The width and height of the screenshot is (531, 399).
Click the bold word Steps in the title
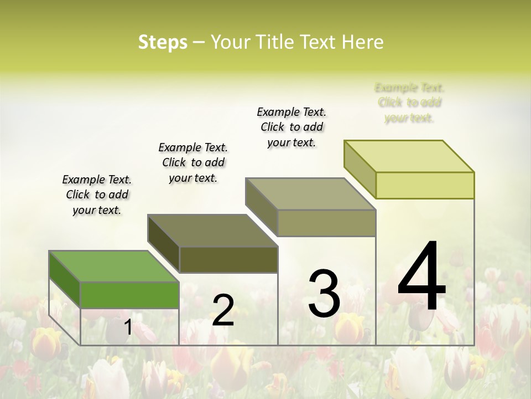[x=163, y=42]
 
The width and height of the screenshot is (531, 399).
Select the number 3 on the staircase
[x=324, y=294]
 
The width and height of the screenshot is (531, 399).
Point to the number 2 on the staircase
[x=223, y=310]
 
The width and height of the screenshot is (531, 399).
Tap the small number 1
[x=128, y=328]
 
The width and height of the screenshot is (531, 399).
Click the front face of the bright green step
[x=129, y=294]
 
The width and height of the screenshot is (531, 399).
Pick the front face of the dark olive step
[x=228, y=259]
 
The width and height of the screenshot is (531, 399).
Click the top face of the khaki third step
[x=310, y=194]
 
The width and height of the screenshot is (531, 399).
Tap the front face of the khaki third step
[x=326, y=223]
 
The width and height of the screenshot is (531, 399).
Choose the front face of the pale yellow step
[x=425, y=185]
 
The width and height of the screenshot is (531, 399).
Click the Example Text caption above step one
[x=97, y=195]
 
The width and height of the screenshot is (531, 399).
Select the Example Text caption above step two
[x=193, y=162]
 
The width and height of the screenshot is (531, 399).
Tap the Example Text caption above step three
[x=291, y=127]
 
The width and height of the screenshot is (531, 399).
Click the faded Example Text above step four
[x=409, y=103]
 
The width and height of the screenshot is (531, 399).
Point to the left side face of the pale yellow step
[x=360, y=170]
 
